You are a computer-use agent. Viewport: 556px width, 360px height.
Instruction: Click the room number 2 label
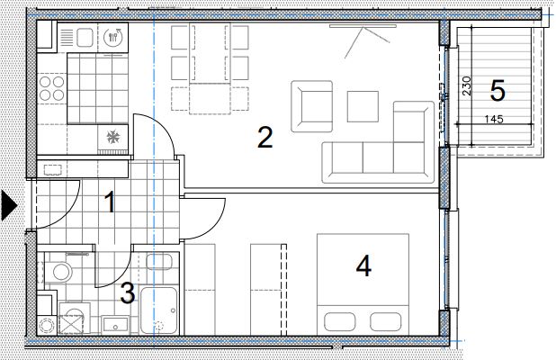pyautogui.click(x=265, y=138)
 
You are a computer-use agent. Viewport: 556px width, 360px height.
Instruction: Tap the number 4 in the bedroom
pyautogui.click(x=363, y=266)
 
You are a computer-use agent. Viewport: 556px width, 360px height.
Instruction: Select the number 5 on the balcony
pyautogui.click(x=498, y=91)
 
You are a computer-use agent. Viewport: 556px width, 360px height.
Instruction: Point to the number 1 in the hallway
pyautogui.click(x=111, y=202)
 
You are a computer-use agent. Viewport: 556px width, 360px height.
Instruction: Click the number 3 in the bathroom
pyautogui.click(x=128, y=293)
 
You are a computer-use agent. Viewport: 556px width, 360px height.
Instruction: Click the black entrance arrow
pyautogui.click(x=9, y=205)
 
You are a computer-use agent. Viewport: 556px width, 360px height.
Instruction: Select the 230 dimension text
pyautogui.click(x=467, y=85)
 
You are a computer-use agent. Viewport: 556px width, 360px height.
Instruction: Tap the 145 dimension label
pyautogui.click(x=494, y=119)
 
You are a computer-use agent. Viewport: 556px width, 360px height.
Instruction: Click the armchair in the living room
pyautogui.click(x=311, y=106)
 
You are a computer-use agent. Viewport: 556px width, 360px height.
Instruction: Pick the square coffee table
pyautogui.click(x=363, y=106)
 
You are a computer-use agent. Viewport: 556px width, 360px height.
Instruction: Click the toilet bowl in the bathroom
pyautogui.click(x=61, y=272)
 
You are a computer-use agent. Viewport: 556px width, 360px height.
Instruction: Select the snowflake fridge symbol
pyautogui.click(x=113, y=137)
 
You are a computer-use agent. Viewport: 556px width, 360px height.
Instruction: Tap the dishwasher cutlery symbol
pyautogui.click(x=113, y=37)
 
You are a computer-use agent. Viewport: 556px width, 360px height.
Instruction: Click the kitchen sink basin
pyautogui.click(x=85, y=37)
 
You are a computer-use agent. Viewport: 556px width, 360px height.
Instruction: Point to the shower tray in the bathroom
pyautogui.click(x=159, y=311)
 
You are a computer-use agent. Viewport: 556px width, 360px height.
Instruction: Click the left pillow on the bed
pyautogui.click(x=340, y=321)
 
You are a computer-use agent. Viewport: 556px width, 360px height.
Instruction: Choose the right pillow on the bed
pyautogui.click(x=386, y=321)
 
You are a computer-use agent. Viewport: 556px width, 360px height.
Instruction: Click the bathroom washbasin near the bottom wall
pyautogui.click(x=115, y=324)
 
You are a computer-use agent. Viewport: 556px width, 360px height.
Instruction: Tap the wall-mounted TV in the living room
pyautogui.click(x=363, y=25)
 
